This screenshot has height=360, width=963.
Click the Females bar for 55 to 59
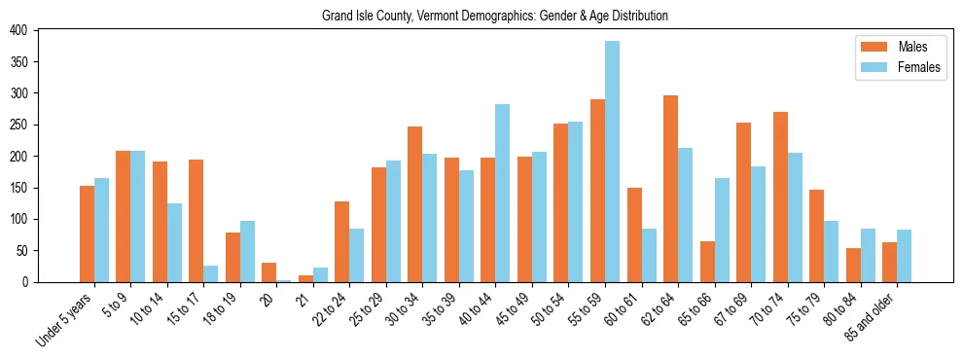[x=612, y=162]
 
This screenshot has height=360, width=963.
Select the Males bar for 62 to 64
[x=670, y=189]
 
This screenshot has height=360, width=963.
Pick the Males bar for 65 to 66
[x=707, y=262]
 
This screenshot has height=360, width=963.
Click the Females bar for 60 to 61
[x=648, y=255]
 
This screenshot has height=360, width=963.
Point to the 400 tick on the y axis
[x=38, y=30]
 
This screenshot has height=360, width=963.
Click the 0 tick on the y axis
[x=38, y=282]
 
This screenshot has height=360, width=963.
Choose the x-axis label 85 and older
[x=875, y=315]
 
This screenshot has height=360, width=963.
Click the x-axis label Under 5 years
[x=65, y=318]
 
